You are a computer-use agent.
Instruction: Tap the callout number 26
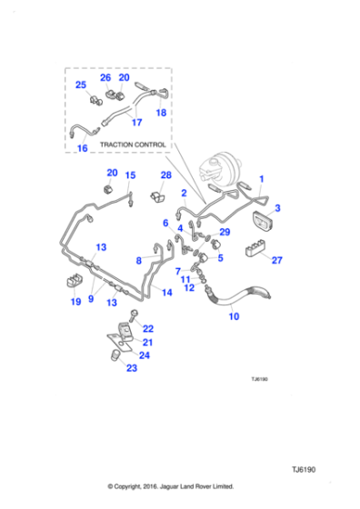click(x=105, y=77)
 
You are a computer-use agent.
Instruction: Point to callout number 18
click(x=161, y=114)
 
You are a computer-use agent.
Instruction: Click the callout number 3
click(x=277, y=208)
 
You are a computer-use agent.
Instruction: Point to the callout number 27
click(x=277, y=261)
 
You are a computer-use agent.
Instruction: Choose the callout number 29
click(x=225, y=232)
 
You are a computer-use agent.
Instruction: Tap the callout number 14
click(x=166, y=292)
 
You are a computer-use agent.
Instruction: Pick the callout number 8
click(x=139, y=260)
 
